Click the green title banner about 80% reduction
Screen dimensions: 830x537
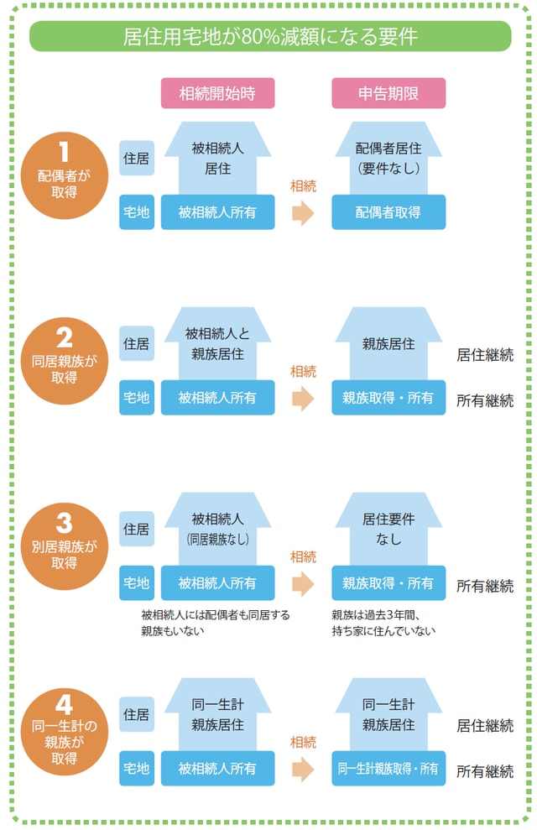[x=269, y=36]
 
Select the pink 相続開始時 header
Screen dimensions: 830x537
[x=217, y=92]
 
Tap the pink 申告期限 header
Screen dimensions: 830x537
[x=388, y=92]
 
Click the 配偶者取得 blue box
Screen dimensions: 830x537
[x=388, y=212]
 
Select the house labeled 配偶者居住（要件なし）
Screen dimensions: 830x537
[x=388, y=158]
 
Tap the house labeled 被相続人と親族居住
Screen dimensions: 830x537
[x=217, y=344]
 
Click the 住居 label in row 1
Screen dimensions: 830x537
[x=137, y=158]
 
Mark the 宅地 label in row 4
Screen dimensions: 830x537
[x=137, y=768]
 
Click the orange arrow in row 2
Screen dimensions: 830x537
[x=302, y=398]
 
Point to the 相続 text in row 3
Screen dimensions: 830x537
[x=302, y=556]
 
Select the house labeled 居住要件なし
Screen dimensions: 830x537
[x=388, y=529]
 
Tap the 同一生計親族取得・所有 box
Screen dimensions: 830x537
[x=388, y=768]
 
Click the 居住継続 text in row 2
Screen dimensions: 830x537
[x=484, y=354]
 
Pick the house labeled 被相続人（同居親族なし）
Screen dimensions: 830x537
[x=217, y=529]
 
